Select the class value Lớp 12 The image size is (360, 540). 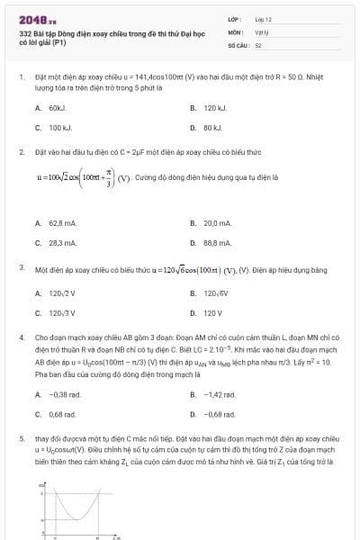[x=263, y=19]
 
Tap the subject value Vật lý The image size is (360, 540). [x=262, y=31]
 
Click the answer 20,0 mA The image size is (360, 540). [x=217, y=222]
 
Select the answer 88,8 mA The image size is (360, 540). [x=217, y=242]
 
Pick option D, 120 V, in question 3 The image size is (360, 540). [x=212, y=312]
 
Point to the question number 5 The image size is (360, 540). [x=21, y=438]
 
